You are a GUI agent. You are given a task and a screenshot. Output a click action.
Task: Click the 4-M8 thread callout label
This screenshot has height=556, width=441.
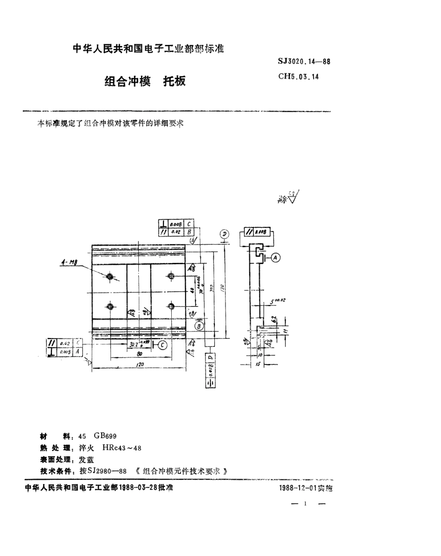69,262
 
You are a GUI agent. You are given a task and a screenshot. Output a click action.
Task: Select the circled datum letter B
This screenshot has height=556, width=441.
199,326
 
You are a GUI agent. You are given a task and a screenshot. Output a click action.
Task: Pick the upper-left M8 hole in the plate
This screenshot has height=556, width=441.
110,277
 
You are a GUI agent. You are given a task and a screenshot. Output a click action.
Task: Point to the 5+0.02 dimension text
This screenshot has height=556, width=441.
278,300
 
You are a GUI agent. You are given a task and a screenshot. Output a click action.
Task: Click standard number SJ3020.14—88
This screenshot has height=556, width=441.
304,62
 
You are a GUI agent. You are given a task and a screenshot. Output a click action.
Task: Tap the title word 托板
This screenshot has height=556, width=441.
174,81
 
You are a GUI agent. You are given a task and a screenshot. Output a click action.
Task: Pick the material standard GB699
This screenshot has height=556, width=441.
105,436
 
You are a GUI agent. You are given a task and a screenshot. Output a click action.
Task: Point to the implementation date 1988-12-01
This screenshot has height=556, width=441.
297,488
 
